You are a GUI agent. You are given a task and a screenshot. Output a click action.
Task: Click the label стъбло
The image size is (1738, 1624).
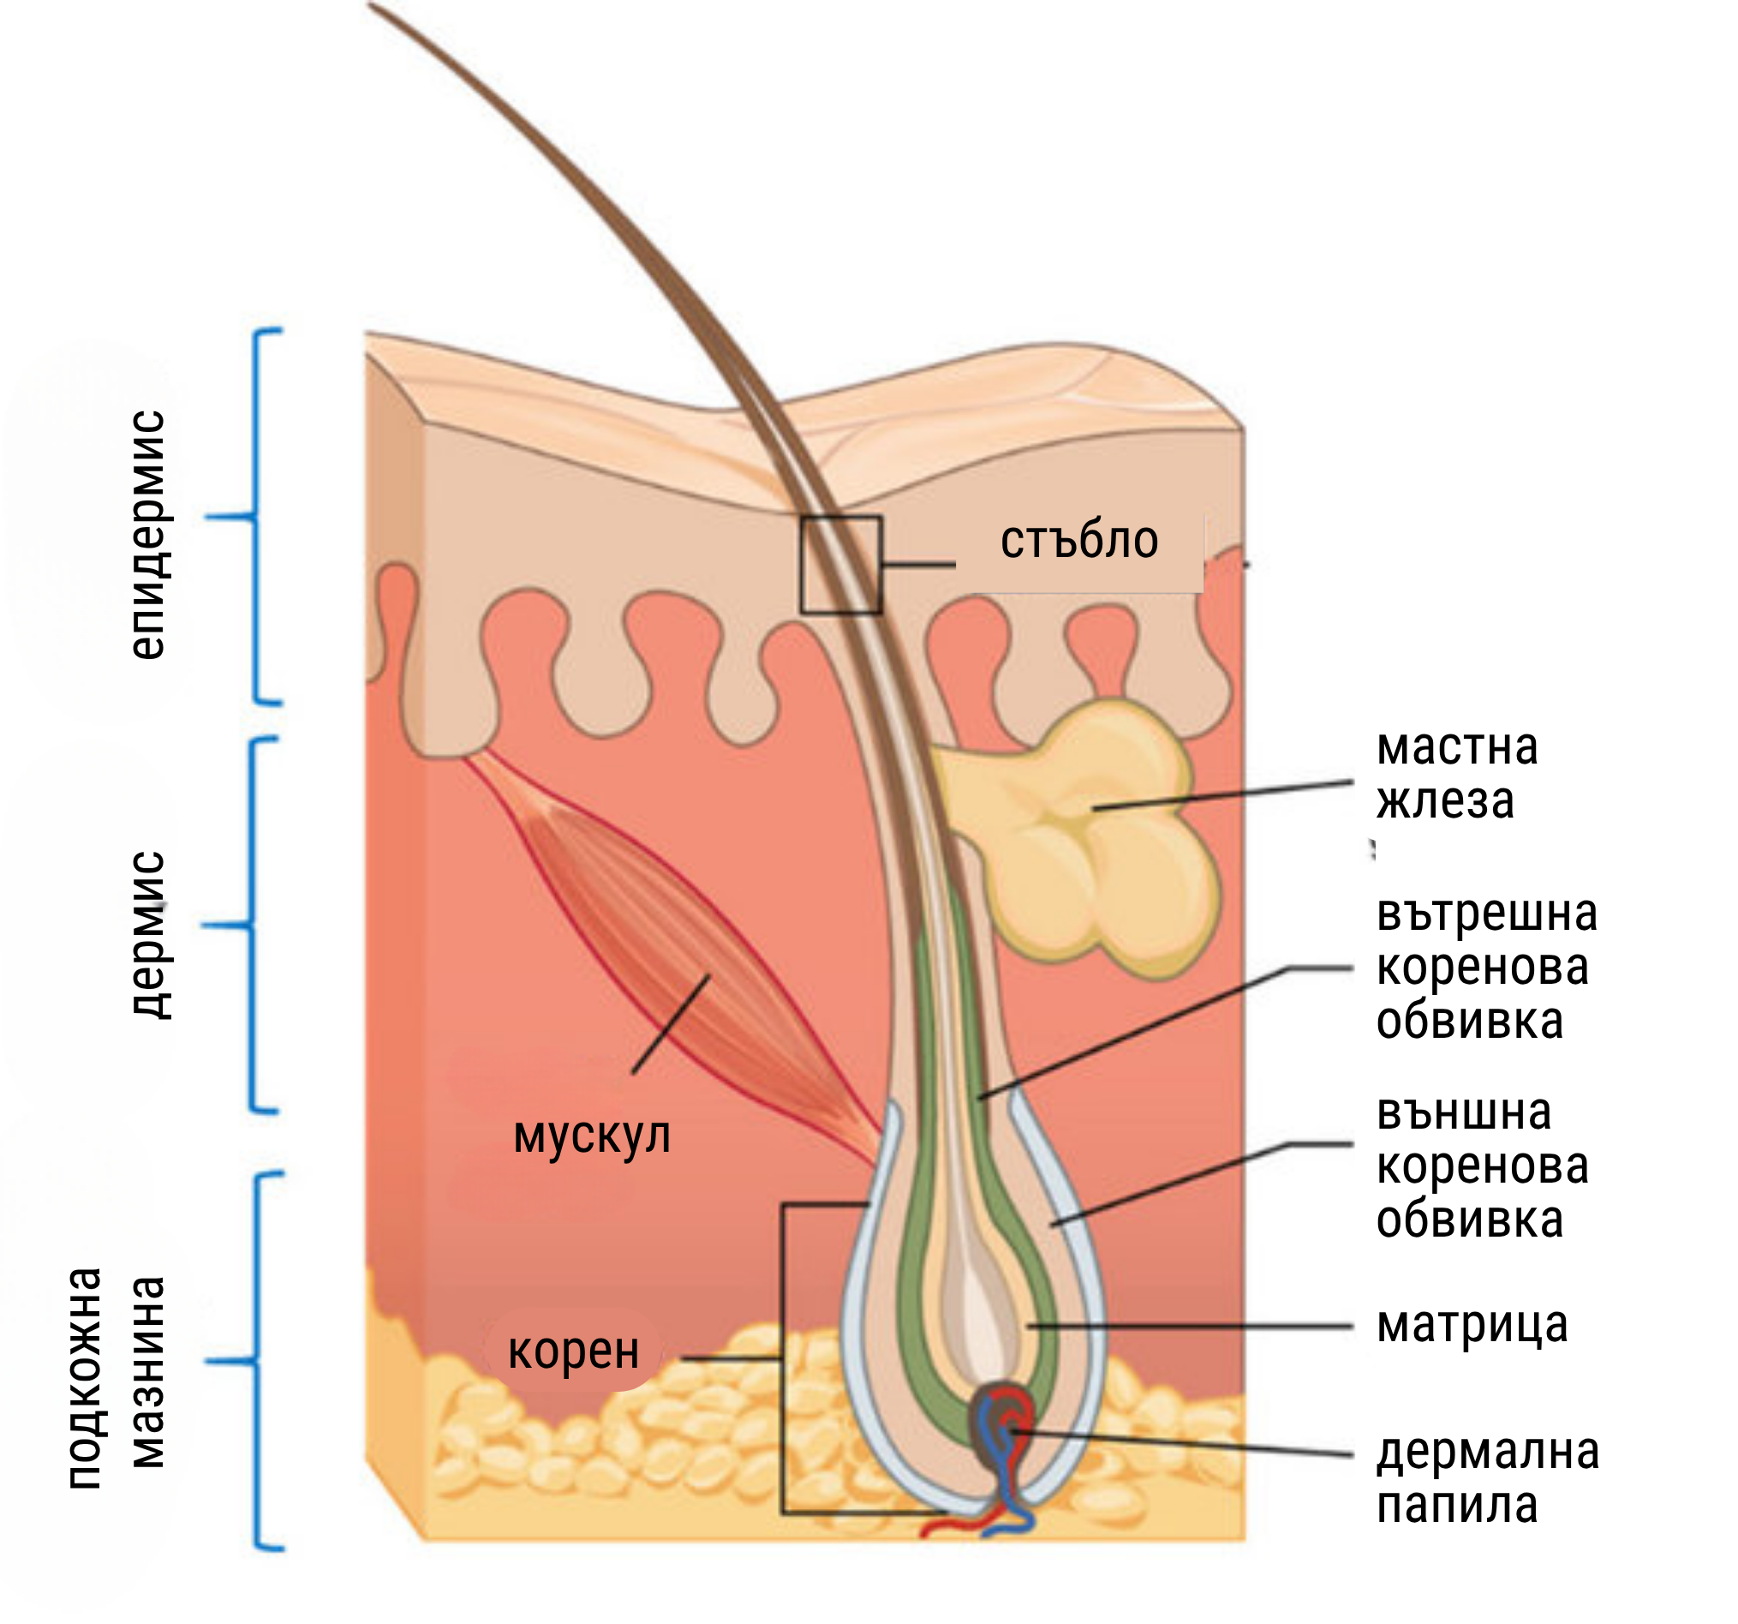tap(1078, 542)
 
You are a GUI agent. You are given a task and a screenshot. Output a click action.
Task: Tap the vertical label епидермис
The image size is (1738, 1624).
tap(147, 533)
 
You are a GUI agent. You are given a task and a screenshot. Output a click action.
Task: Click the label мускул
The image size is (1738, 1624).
tap(592, 1137)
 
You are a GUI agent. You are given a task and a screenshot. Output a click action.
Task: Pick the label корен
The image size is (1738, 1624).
tap(574, 1352)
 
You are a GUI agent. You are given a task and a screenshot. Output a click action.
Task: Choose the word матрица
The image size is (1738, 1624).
tap(1472, 1326)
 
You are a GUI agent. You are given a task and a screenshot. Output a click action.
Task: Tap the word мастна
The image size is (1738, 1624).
tap(1457, 747)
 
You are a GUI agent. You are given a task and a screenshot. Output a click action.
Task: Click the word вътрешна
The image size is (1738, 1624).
tap(1486, 914)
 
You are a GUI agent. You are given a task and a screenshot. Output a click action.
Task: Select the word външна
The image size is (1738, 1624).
tap(1465, 1113)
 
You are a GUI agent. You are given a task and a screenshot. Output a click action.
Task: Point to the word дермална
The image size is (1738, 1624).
tap(1488, 1452)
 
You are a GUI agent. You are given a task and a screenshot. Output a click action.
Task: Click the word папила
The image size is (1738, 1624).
tap(1456, 1505)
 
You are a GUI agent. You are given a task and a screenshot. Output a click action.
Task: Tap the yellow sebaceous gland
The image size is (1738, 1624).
tap(1102, 830)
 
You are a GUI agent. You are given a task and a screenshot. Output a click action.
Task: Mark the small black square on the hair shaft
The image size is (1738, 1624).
tap(841, 565)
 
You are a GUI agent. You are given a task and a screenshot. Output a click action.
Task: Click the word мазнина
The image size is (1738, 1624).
tap(147, 1373)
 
